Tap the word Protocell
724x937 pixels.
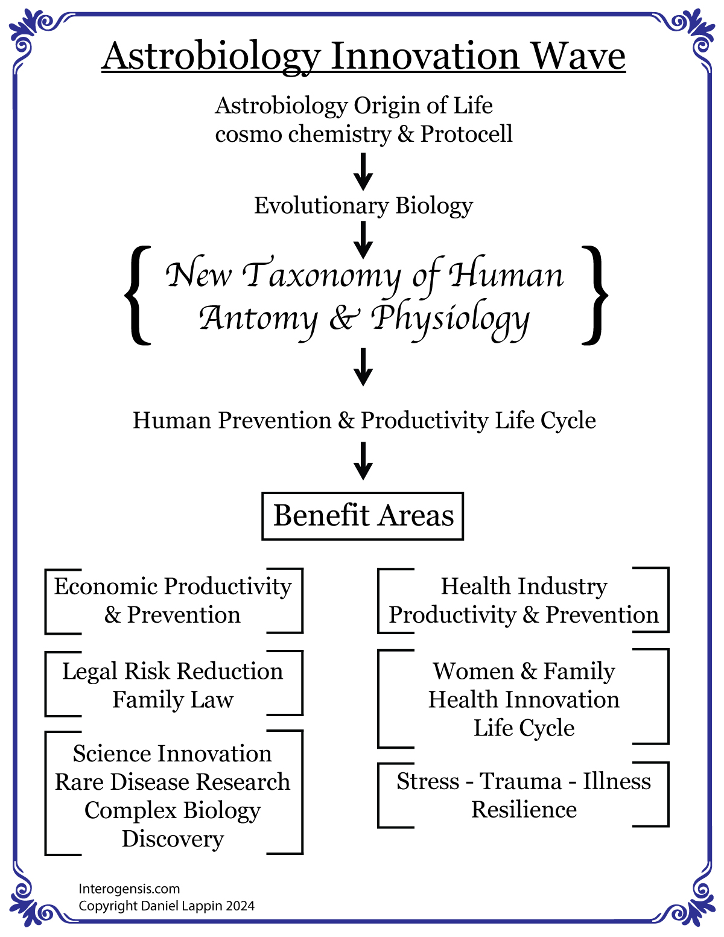point(466,134)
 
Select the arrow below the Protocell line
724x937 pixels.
point(363,172)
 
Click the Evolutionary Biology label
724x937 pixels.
point(363,206)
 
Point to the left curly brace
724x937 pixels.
point(138,295)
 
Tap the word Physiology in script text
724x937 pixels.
point(450,319)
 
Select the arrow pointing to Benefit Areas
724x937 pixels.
point(363,461)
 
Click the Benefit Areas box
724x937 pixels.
point(363,516)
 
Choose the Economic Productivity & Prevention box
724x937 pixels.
point(173,600)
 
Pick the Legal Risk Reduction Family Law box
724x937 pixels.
point(173,685)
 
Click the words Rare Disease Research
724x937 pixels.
point(173,782)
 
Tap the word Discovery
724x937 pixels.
point(173,839)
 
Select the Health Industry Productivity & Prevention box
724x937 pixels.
point(523,600)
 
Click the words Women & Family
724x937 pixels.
point(524,671)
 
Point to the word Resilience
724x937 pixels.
point(524,810)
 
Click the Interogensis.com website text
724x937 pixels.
point(129,889)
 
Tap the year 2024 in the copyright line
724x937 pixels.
point(240,906)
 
